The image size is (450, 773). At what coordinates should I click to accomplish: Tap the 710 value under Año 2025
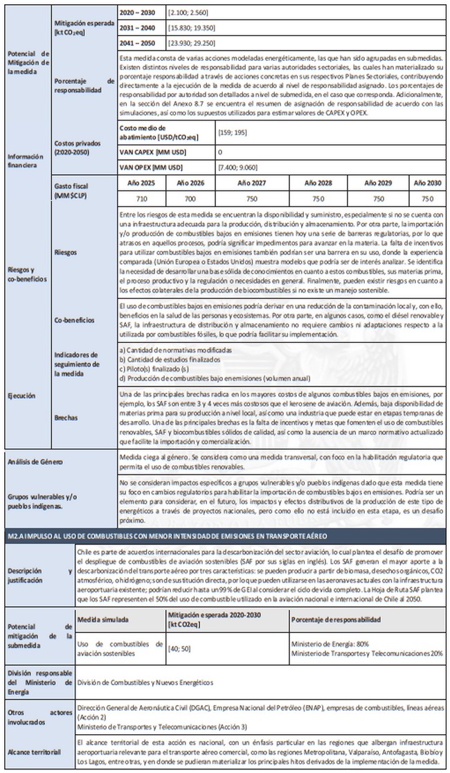(x=141, y=198)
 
